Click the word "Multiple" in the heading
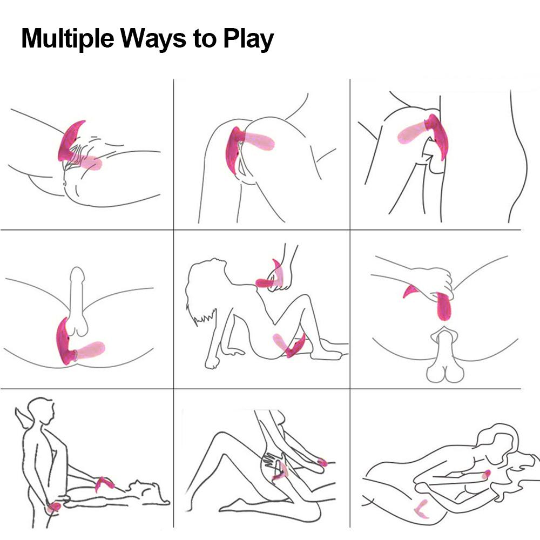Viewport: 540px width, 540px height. [x=67, y=38]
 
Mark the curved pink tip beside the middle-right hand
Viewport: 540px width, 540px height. [x=410, y=291]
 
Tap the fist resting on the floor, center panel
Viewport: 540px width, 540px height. [x=212, y=362]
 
